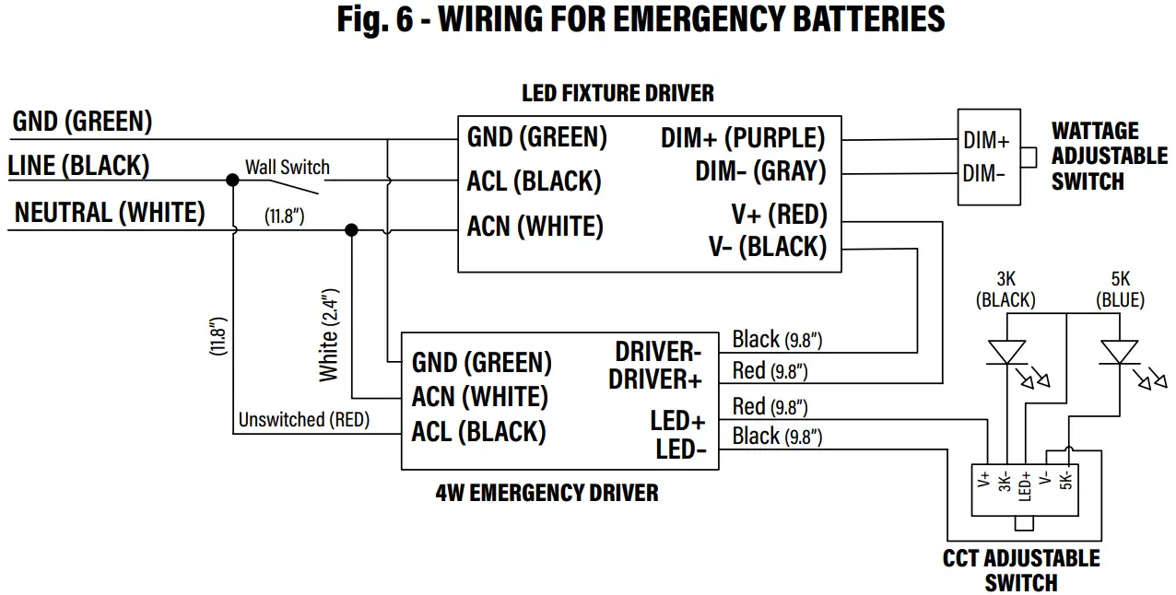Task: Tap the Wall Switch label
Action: coord(287,167)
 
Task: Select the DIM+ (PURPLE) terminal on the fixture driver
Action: coord(742,138)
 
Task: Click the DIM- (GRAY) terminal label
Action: coord(759,171)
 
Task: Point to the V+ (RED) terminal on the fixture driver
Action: coord(779,215)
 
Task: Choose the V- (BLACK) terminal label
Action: coord(767,247)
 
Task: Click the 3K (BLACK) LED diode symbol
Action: coord(1006,352)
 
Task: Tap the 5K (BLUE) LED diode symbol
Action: coord(1120,352)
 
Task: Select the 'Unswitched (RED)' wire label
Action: coord(303,420)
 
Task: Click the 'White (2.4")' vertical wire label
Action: coord(329,335)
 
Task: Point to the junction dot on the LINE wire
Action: coord(232,180)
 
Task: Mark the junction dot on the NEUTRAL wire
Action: coord(350,229)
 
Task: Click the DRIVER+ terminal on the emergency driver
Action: coord(655,379)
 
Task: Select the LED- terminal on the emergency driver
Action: coord(680,449)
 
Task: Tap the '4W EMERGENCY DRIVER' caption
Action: coord(547,493)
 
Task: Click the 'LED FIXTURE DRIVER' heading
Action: coord(617,93)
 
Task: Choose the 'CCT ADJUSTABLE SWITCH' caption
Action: coord(1020,570)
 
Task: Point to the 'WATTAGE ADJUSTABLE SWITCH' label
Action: coord(1109,157)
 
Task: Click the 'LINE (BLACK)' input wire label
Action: coord(78,166)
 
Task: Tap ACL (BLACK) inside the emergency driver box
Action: coord(478,431)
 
